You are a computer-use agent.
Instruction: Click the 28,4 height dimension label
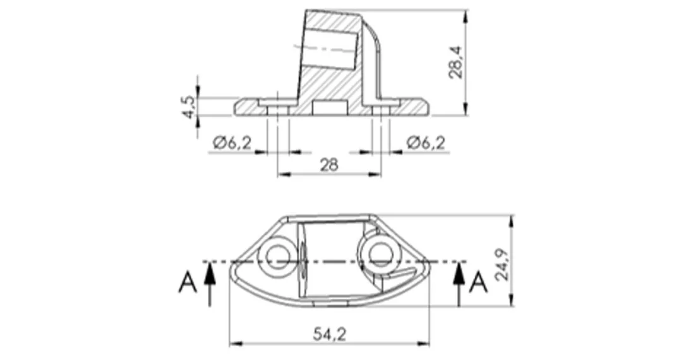[x=456, y=63]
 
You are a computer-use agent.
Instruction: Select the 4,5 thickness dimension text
[x=189, y=107]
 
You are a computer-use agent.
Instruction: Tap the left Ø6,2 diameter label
[x=232, y=143]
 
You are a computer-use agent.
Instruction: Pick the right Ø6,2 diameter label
[x=426, y=143]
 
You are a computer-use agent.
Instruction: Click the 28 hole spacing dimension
[x=330, y=165]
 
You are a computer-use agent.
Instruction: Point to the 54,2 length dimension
[x=330, y=335]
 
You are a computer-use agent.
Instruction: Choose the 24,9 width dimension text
[x=502, y=265]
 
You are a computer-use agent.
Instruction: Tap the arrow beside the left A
[x=210, y=284]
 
